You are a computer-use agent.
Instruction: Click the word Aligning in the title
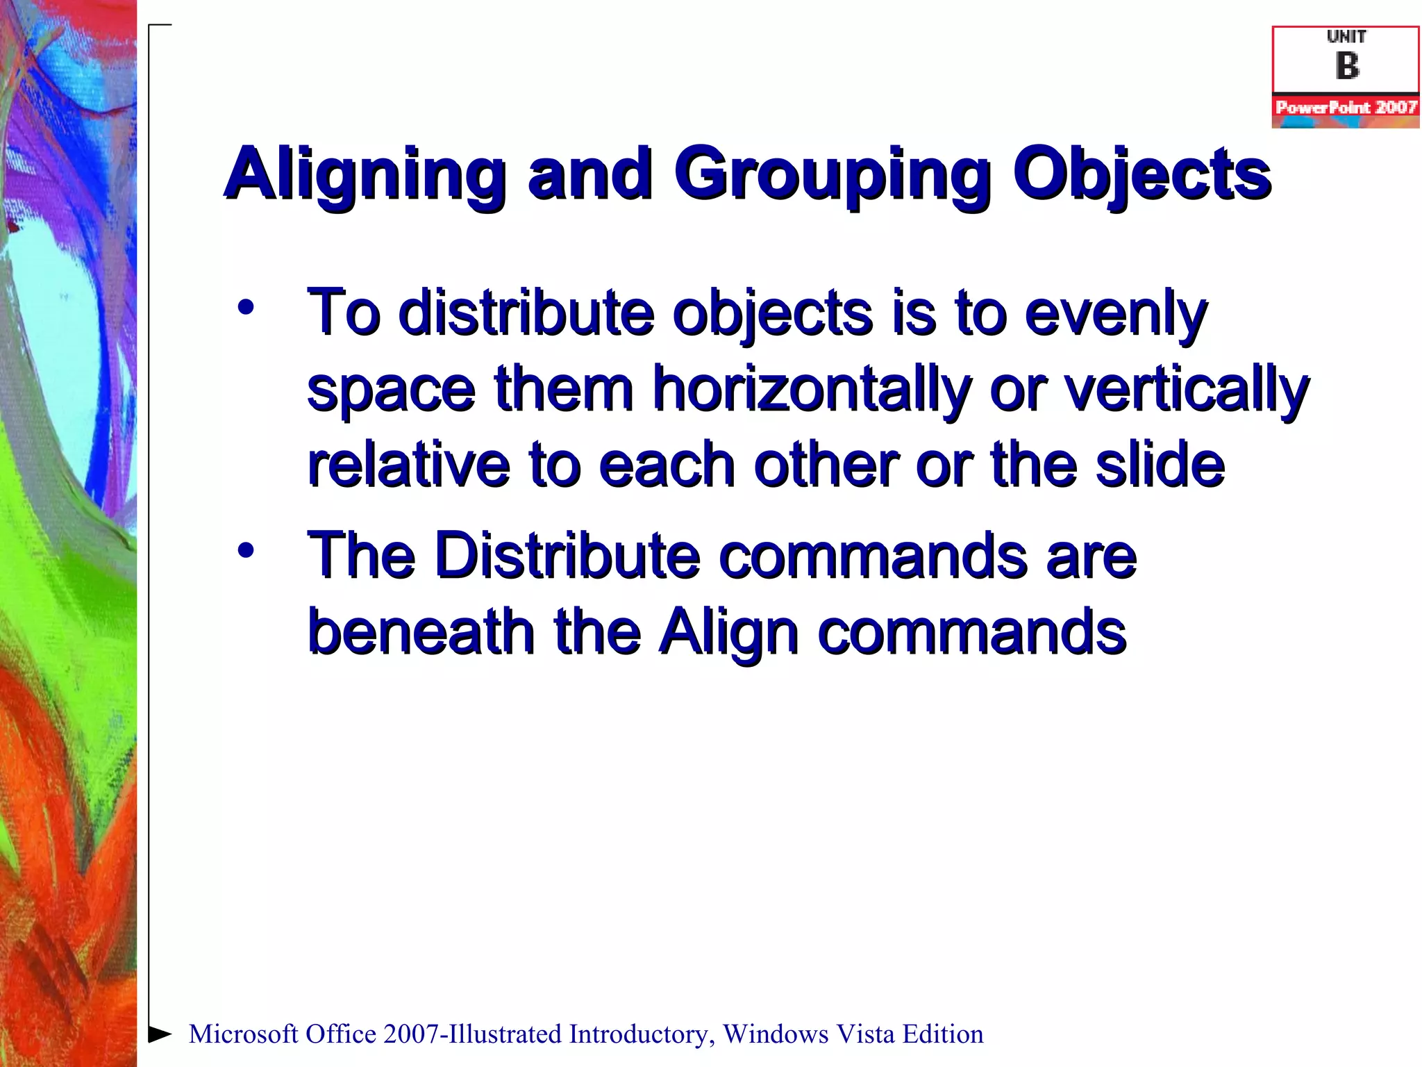coord(365,175)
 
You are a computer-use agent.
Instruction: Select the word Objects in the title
coord(1141,175)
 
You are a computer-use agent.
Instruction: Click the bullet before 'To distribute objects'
coord(246,307)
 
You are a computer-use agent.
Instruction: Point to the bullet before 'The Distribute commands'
coord(246,551)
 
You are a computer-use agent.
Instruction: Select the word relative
coord(408,464)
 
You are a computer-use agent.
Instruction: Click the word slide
coord(1160,464)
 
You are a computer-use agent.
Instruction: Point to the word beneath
coord(421,631)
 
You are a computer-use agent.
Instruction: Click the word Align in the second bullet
coord(728,631)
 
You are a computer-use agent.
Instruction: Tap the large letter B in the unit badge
coord(1347,67)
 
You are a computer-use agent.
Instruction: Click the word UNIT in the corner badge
coord(1346,37)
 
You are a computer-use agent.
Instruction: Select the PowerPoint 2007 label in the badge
coord(1346,108)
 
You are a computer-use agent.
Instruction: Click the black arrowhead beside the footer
coord(160,1034)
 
